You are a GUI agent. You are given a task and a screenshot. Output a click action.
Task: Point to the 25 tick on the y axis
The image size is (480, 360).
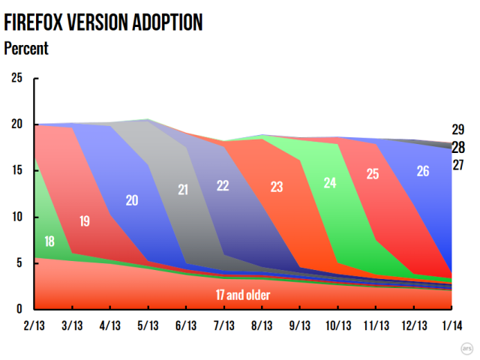point(16,78)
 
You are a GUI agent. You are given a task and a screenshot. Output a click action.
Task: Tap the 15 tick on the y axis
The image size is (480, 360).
point(16,170)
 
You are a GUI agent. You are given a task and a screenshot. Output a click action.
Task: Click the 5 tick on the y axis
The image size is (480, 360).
point(19,263)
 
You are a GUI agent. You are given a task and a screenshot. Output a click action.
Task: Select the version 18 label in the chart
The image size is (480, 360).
point(49,241)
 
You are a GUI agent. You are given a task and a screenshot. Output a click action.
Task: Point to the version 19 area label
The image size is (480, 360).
point(84,220)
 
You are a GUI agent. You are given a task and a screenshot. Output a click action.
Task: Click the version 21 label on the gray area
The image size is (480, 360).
point(184,190)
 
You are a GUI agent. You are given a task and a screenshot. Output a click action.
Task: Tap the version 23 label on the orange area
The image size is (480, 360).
point(276,187)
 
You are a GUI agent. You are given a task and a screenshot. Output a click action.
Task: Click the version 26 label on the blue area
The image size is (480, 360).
point(422,171)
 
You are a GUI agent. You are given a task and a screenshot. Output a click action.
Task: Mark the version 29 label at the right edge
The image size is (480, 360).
point(458,129)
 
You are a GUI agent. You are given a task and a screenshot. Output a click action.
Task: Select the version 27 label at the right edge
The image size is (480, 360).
point(458,165)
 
